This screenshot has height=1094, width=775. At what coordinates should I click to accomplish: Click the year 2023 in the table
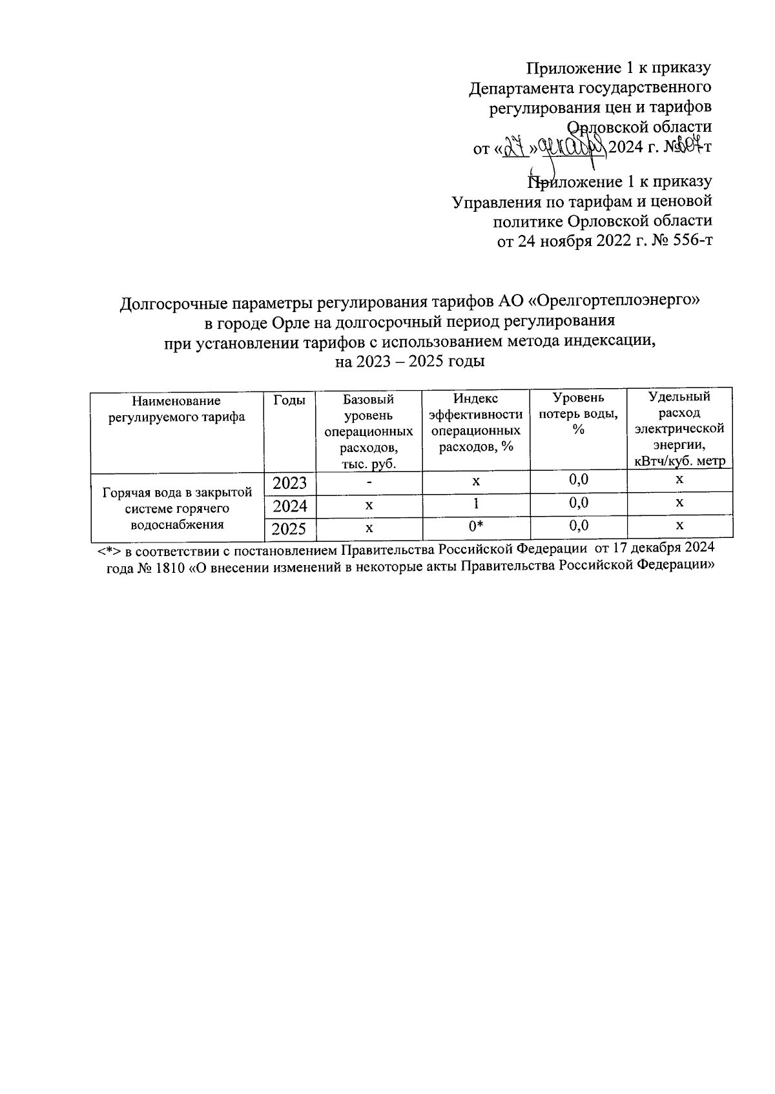[289, 483]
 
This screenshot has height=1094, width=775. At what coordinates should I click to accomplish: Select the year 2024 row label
[289, 506]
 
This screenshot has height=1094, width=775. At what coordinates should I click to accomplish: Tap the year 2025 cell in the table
[289, 529]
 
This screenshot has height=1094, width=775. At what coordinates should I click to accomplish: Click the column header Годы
[289, 401]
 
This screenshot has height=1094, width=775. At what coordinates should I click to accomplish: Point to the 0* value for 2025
[476, 528]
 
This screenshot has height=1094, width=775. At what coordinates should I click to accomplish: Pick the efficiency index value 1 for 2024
[476, 504]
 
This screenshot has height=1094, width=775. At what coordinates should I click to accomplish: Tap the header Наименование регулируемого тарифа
[178, 409]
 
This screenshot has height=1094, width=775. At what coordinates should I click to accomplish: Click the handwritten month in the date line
[572, 148]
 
